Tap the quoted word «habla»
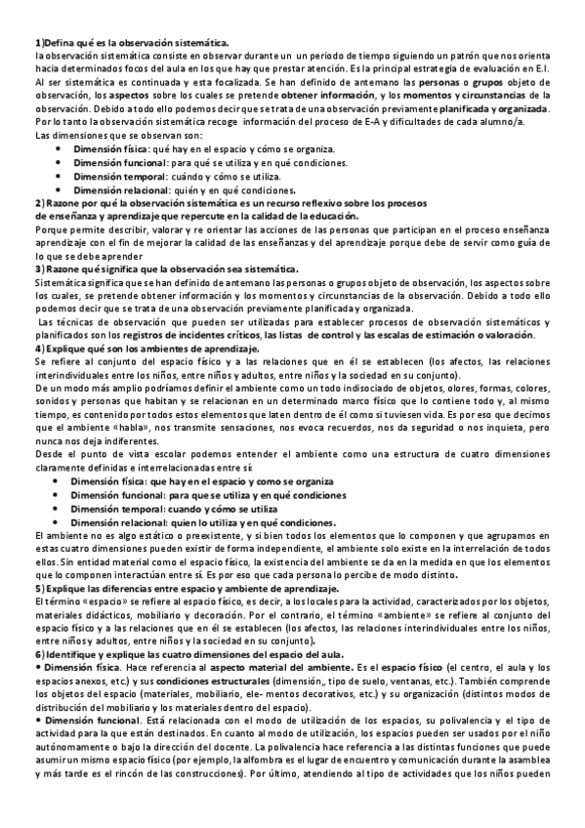127,427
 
